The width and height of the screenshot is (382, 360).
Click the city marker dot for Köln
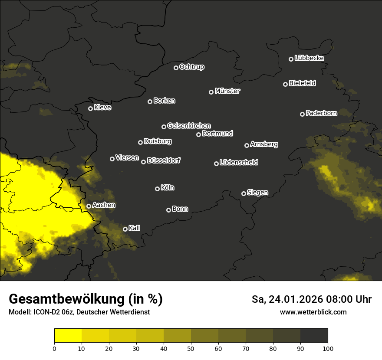pyautogui.click(x=157, y=189)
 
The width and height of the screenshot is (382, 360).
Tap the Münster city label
pyautogui.click(x=227, y=91)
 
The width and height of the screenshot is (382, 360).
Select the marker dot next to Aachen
pyautogui.click(x=89, y=206)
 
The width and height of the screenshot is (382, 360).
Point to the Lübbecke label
pyautogui.click(x=309, y=58)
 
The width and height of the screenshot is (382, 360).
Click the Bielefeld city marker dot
pyautogui.click(x=285, y=84)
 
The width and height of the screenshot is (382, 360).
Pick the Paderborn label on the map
pyautogui.click(x=322, y=113)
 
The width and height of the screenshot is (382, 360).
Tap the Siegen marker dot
pyautogui.click(x=244, y=193)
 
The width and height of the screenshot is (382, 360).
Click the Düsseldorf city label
pyautogui.click(x=164, y=160)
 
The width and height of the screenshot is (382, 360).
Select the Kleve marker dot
pyautogui.click(x=90, y=108)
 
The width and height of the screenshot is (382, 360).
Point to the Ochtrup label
pyautogui.click(x=192, y=67)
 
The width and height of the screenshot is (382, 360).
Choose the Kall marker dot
pyautogui.click(x=125, y=229)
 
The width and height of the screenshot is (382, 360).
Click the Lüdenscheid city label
pyautogui.click(x=239, y=163)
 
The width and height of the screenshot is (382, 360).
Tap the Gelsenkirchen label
pyautogui.click(x=189, y=126)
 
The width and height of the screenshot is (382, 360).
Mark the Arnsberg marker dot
pyautogui.click(x=247, y=145)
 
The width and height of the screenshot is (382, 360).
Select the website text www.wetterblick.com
pyautogui.click(x=313, y=312)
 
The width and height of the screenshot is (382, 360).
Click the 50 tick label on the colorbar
pyautogui.click(x=191, y=348)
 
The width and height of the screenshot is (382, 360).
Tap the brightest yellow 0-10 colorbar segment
pyautogui.click(x=68, y=335)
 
